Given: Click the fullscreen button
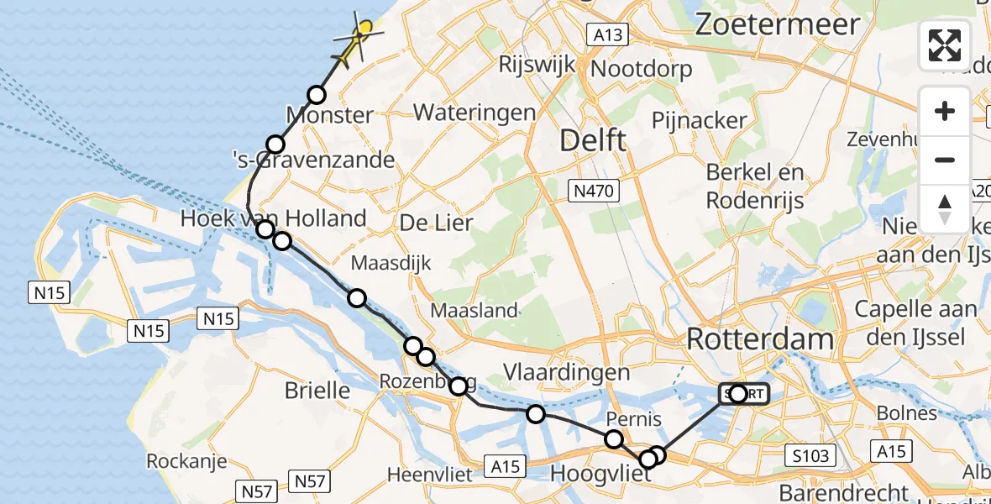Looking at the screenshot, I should pyautogui.click(x=945, y=45).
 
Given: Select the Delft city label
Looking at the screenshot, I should pyautogui.click(x=593, y=140).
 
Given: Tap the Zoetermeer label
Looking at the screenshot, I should pyautogui.click(x=778, y=24).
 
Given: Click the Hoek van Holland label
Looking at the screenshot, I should pyautogui.click(x=274, y=218).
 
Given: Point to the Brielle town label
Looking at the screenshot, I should pyautogui.click(x=317, y=390).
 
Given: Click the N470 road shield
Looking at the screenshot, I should pyautogui.click(x=596, y=191).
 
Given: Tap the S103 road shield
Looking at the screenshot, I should pyautogui.click(x=810, y=456).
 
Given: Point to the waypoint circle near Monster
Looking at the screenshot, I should pyautogui.click(x=317, y=95).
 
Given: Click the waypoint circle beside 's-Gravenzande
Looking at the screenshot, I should pyautogui.click(x=275, y=144).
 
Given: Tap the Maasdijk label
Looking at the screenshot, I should pyautogui.click(x=391, y=263).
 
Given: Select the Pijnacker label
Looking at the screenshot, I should pyautogui.click(x=699, y=120).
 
